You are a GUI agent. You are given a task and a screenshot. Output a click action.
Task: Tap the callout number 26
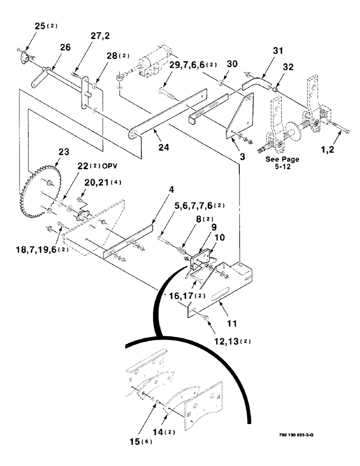64,47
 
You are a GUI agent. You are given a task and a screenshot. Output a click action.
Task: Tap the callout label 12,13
229,341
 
